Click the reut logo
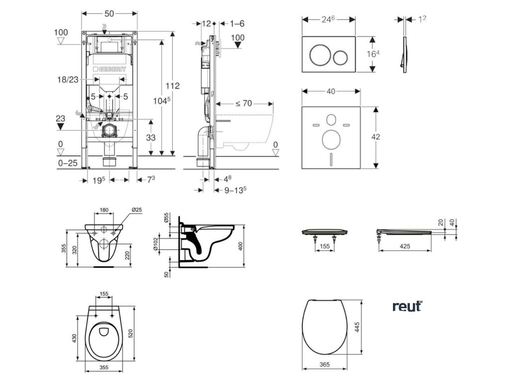(x=407, y=306)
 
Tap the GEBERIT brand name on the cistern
(x=110, y=69)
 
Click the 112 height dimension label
(x=172, y=86)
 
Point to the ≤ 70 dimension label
(x=244, y=104)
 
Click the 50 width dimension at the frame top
(x=109, y=13)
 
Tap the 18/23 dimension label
(x=68, y=79)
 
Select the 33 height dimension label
(x=150, y=138)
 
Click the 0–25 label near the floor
(x=68, y=163)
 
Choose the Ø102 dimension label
(x=156, y=244)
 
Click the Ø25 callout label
(x=136, y=210)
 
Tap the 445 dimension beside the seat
(x=357, y=327)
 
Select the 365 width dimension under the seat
(x=324, y=365)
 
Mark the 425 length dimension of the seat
(x=404, y=246)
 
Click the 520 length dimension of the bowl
(x=131, y=334)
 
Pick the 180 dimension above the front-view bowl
(x=104, y=210)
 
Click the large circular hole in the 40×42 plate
(x=331, y=139)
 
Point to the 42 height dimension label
(x=376, y=137)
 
